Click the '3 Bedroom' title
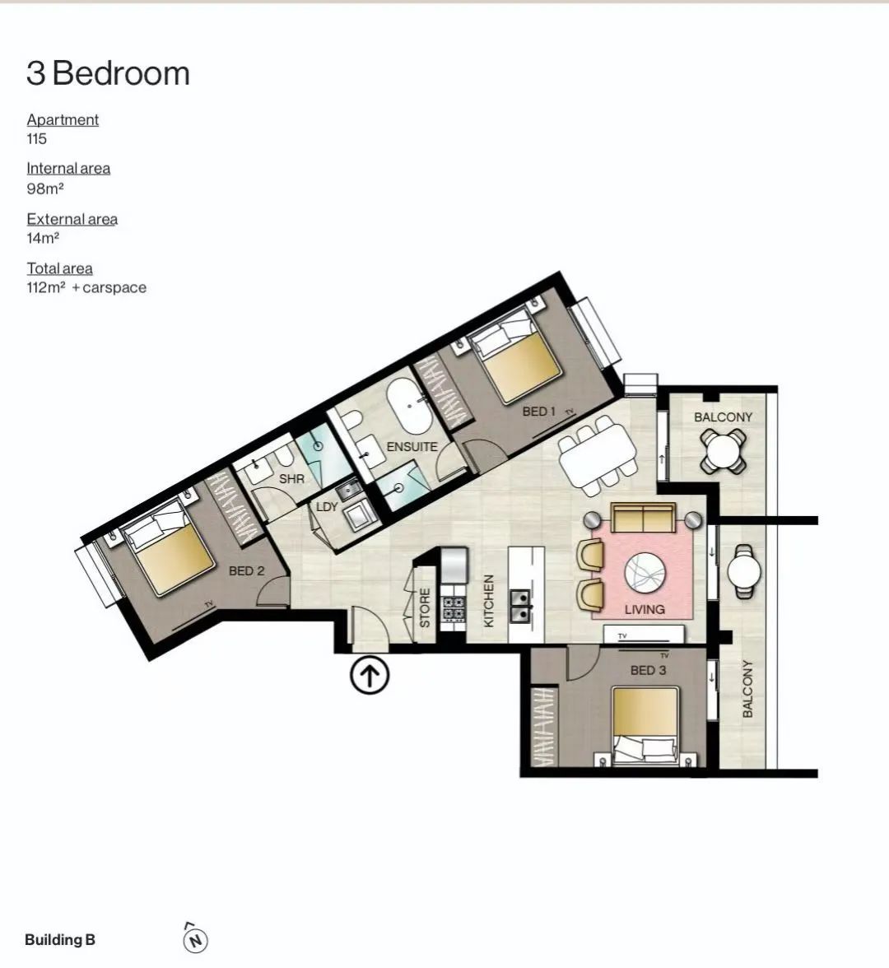[108, 73]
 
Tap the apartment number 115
[36, 139]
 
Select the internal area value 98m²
[45, 189]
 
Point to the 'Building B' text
[60, 940]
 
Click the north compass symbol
[196, 940]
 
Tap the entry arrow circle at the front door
[370, 675]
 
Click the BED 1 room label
[539, 412]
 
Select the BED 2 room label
[246, 571]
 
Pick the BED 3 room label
[649, 670]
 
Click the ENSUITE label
[412, 446]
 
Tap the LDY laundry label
[327, 507]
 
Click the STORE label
[425, 608]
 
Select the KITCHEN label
[489, 601]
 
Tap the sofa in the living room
[643, 517]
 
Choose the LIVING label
[645, 609]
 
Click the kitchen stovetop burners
[454, 608]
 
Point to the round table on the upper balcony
[723, 451]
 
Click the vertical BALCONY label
[747, 688]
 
